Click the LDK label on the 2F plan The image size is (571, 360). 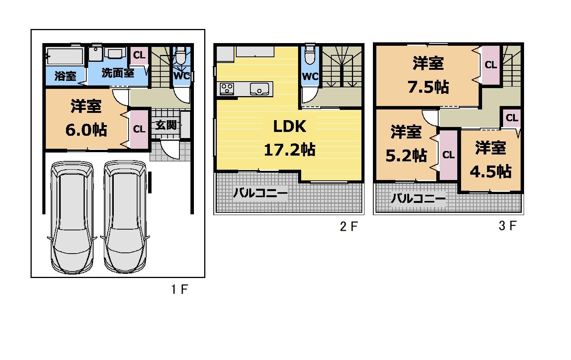290,126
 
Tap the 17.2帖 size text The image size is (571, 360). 290,150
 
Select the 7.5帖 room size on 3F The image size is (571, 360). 429,87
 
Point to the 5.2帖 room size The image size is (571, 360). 406,156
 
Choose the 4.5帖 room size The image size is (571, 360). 491,172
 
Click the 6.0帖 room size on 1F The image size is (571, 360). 86,130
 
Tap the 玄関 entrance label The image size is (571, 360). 166,125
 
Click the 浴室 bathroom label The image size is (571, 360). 65,76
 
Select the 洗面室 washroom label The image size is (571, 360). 118,73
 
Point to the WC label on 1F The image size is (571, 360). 182,76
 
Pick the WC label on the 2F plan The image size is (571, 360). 310,76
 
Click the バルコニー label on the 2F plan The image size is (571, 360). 260,193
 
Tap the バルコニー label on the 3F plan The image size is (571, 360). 418,198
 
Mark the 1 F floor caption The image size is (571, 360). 179,289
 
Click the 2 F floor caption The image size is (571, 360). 349,227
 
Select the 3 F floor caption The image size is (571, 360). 508,226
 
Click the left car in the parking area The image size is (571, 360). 72,217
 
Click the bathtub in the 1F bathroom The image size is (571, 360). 65,56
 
